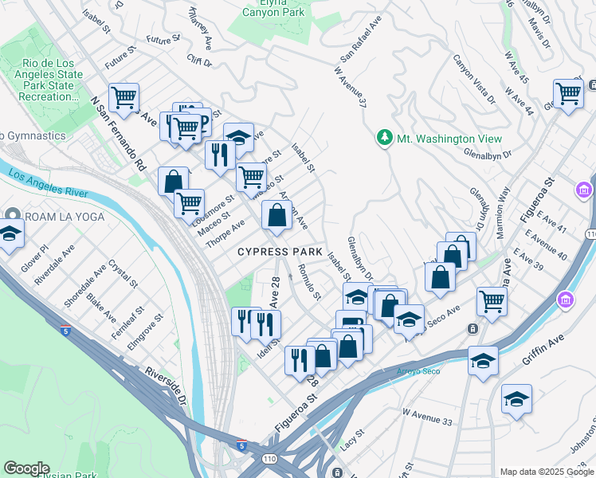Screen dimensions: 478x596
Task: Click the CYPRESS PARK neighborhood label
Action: point(279,252)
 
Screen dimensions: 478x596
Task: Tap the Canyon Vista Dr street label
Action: point(474,79)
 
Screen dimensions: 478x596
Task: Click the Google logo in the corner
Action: point(26,468)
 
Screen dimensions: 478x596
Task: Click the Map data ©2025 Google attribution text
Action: point(547,472)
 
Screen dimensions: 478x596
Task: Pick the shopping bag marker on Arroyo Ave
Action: point(276,216)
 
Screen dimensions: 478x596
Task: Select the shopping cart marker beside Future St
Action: point(124,99)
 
